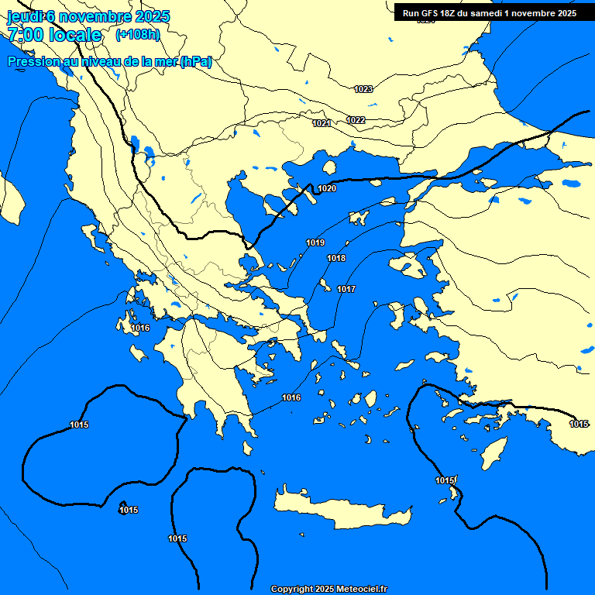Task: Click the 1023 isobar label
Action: point(363,89)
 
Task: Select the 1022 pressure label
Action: point(356,120)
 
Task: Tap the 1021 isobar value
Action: point(322,123)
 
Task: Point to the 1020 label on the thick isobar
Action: point(327,188)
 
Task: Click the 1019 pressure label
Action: point(315,242)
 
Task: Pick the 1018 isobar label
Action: point(336,258)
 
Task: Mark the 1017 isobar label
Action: point(346,289)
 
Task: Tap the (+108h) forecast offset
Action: point(137,35)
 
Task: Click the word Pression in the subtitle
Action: point(32,62)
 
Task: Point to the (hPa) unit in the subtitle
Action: point(195,62)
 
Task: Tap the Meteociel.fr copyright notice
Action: point(328,589)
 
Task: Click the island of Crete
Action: point(341,508)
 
